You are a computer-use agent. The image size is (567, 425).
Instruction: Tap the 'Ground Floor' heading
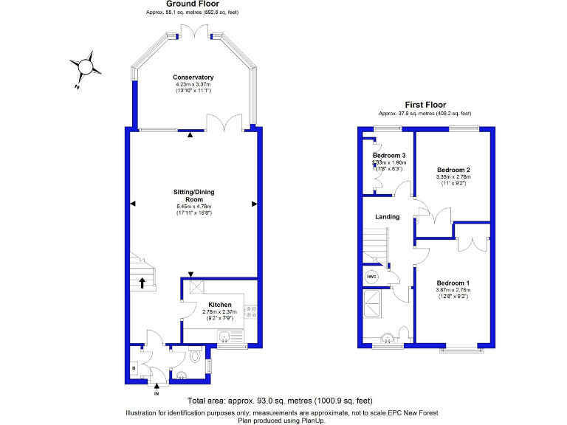coord(191,4)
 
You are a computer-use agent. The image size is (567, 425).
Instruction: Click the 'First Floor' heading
coord(425,105)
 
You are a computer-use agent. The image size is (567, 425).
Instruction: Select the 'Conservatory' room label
coord(193,77)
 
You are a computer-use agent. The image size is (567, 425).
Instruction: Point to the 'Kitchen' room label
coord(219,305)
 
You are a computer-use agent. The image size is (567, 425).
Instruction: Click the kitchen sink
coord(224,337)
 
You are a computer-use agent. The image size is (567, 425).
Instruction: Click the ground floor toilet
coord(194,356)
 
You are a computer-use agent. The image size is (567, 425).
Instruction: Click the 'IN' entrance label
coord(156,394)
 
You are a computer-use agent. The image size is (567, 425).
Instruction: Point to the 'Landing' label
coord(388,217)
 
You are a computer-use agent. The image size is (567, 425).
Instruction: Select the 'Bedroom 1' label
coord(453,283)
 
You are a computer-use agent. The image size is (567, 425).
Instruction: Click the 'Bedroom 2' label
coord(453,170)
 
